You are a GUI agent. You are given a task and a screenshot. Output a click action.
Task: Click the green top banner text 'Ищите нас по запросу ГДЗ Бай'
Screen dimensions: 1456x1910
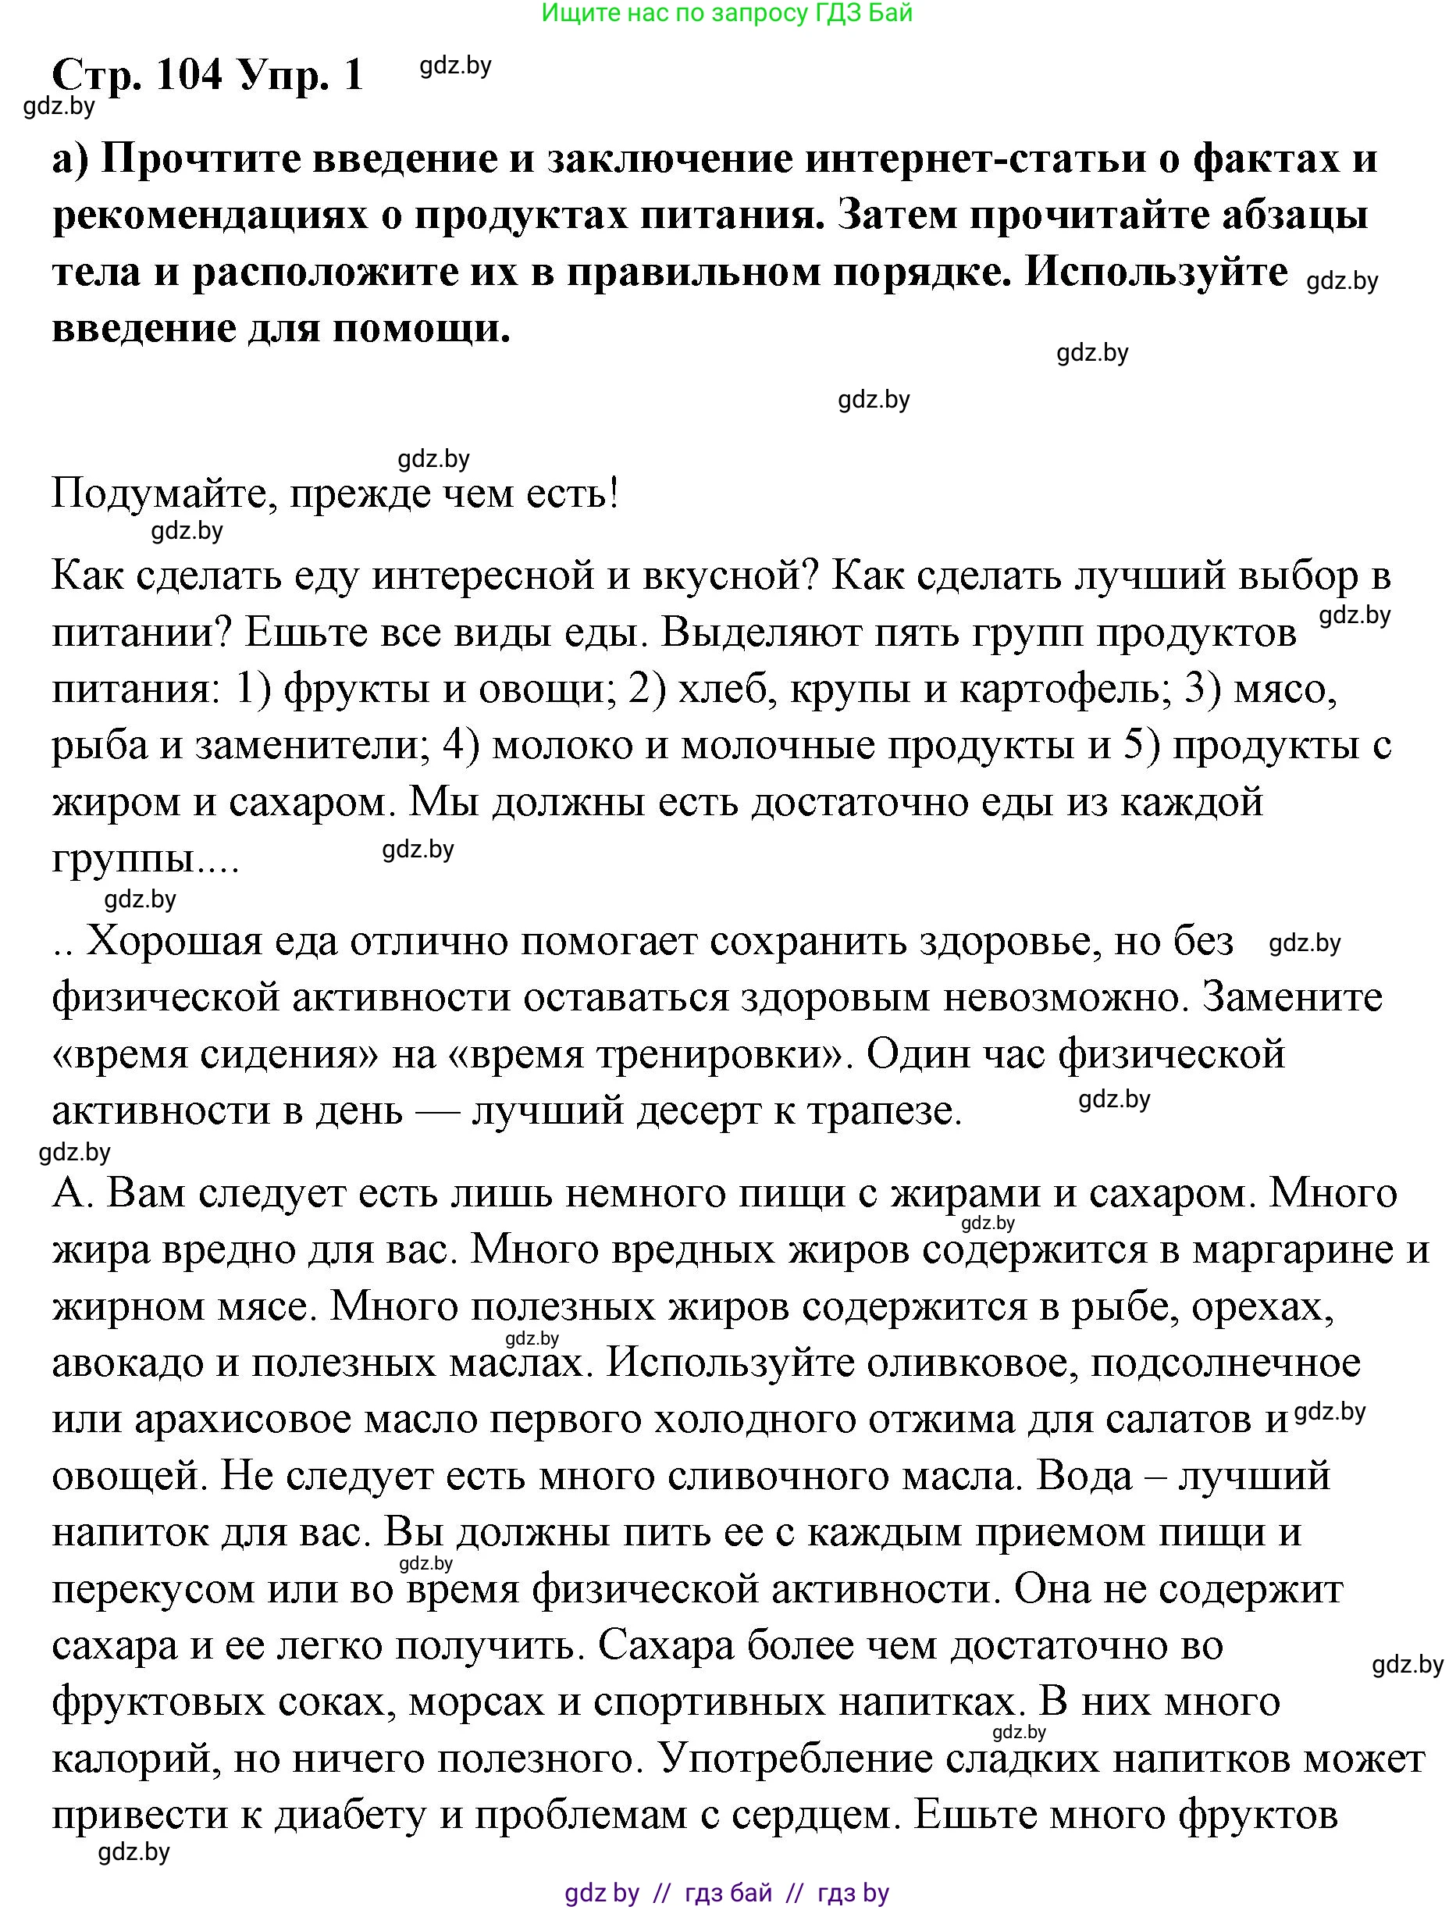[727, 13]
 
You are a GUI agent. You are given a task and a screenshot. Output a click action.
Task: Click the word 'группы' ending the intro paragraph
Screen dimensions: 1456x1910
[121, 860]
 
